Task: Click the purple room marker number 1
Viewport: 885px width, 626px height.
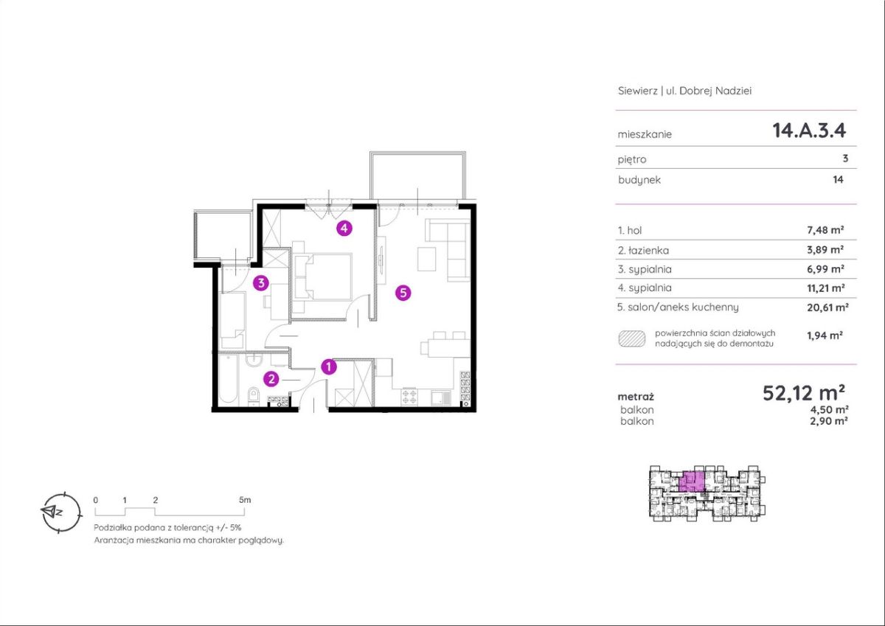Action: pyautogui.click(x=329, y=367)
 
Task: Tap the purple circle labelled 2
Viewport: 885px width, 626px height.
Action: pyautogui.click(x=271, y=379)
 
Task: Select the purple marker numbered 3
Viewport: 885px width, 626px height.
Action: pyautogui.click(x=261, y=283)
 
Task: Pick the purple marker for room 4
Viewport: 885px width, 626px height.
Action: pyautogui.click(x=344, y=228)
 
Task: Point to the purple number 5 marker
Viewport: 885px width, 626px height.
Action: pyautogui.click(x=403, y=293)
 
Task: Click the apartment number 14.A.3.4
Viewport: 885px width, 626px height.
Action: pyautogui.click(x=809, y=131)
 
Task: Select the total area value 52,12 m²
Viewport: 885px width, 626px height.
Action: pyautogui.click(x=804, y=393)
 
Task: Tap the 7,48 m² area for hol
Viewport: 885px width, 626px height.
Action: pyautogui.click(x=825, y=230)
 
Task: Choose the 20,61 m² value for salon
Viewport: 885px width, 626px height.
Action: pyautogui.click(x=827, y=307)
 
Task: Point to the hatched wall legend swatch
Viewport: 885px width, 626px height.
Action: pyautogui.click(x=632, y=339)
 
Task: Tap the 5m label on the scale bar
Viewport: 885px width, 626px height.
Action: pyautogui.click(x=245, y=500)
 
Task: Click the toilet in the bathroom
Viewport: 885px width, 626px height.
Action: pyautogui.click(x=253, y=396)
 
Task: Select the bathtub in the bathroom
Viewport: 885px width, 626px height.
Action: pyautogui.click(x=229, y=378)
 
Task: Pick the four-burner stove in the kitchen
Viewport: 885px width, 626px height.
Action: pyautogui.click(x=409, y=397)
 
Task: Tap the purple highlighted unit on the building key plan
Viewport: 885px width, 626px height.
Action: pyautogui.click(x=692, y=481)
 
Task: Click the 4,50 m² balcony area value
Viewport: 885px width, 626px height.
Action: pyautogui.click(x=829, y=409)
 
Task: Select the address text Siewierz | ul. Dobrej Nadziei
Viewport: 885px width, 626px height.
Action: pyautogui.click(x=684, y=91)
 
